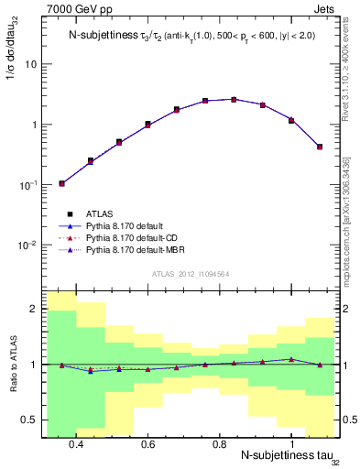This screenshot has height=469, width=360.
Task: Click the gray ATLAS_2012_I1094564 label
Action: (x=190, y=272)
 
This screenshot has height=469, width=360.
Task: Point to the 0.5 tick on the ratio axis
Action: (x=32, y=420)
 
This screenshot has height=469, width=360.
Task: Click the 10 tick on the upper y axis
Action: (x=31, y=64)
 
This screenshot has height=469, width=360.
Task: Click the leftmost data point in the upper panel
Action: (x=61, y=183)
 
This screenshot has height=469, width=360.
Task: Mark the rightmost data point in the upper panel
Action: (x=319, y=146)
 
